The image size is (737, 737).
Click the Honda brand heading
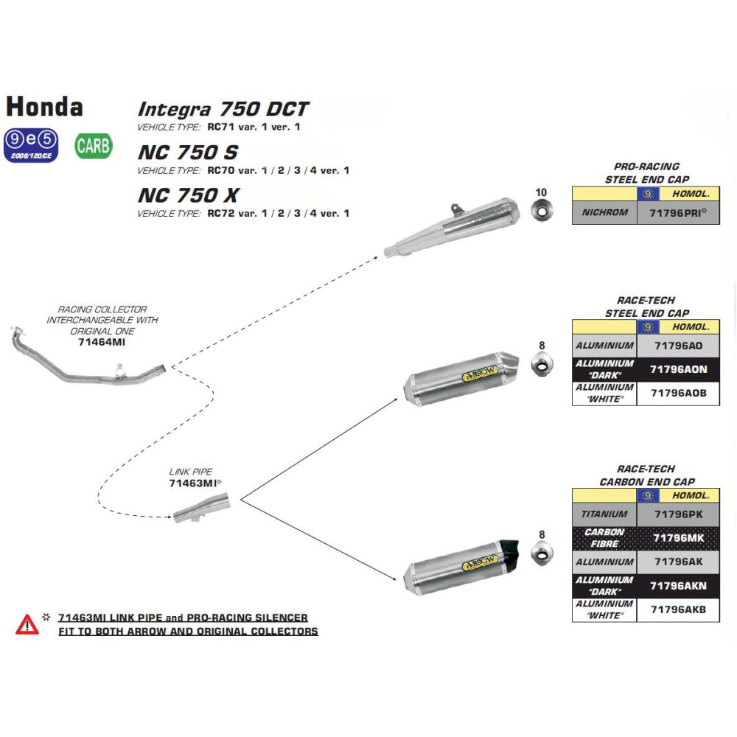coord(44,106)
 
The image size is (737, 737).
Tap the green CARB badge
coord(94,146)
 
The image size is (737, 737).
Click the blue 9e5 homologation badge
coord(29,145)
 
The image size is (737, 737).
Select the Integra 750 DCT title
coord(223,109)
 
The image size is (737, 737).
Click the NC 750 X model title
coord(188,195)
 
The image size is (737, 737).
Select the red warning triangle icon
coord(27,625)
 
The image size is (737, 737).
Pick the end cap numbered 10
coord(542,213)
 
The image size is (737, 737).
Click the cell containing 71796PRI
coord(677,213)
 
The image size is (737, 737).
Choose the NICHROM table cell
coord(604,213)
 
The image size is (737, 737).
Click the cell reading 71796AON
coord(677,369)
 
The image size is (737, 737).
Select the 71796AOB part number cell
coord(677,393)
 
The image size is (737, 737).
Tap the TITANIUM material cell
coord(604,514)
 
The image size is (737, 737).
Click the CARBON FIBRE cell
coord(604,538)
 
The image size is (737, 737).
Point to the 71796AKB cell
coord(677,609)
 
